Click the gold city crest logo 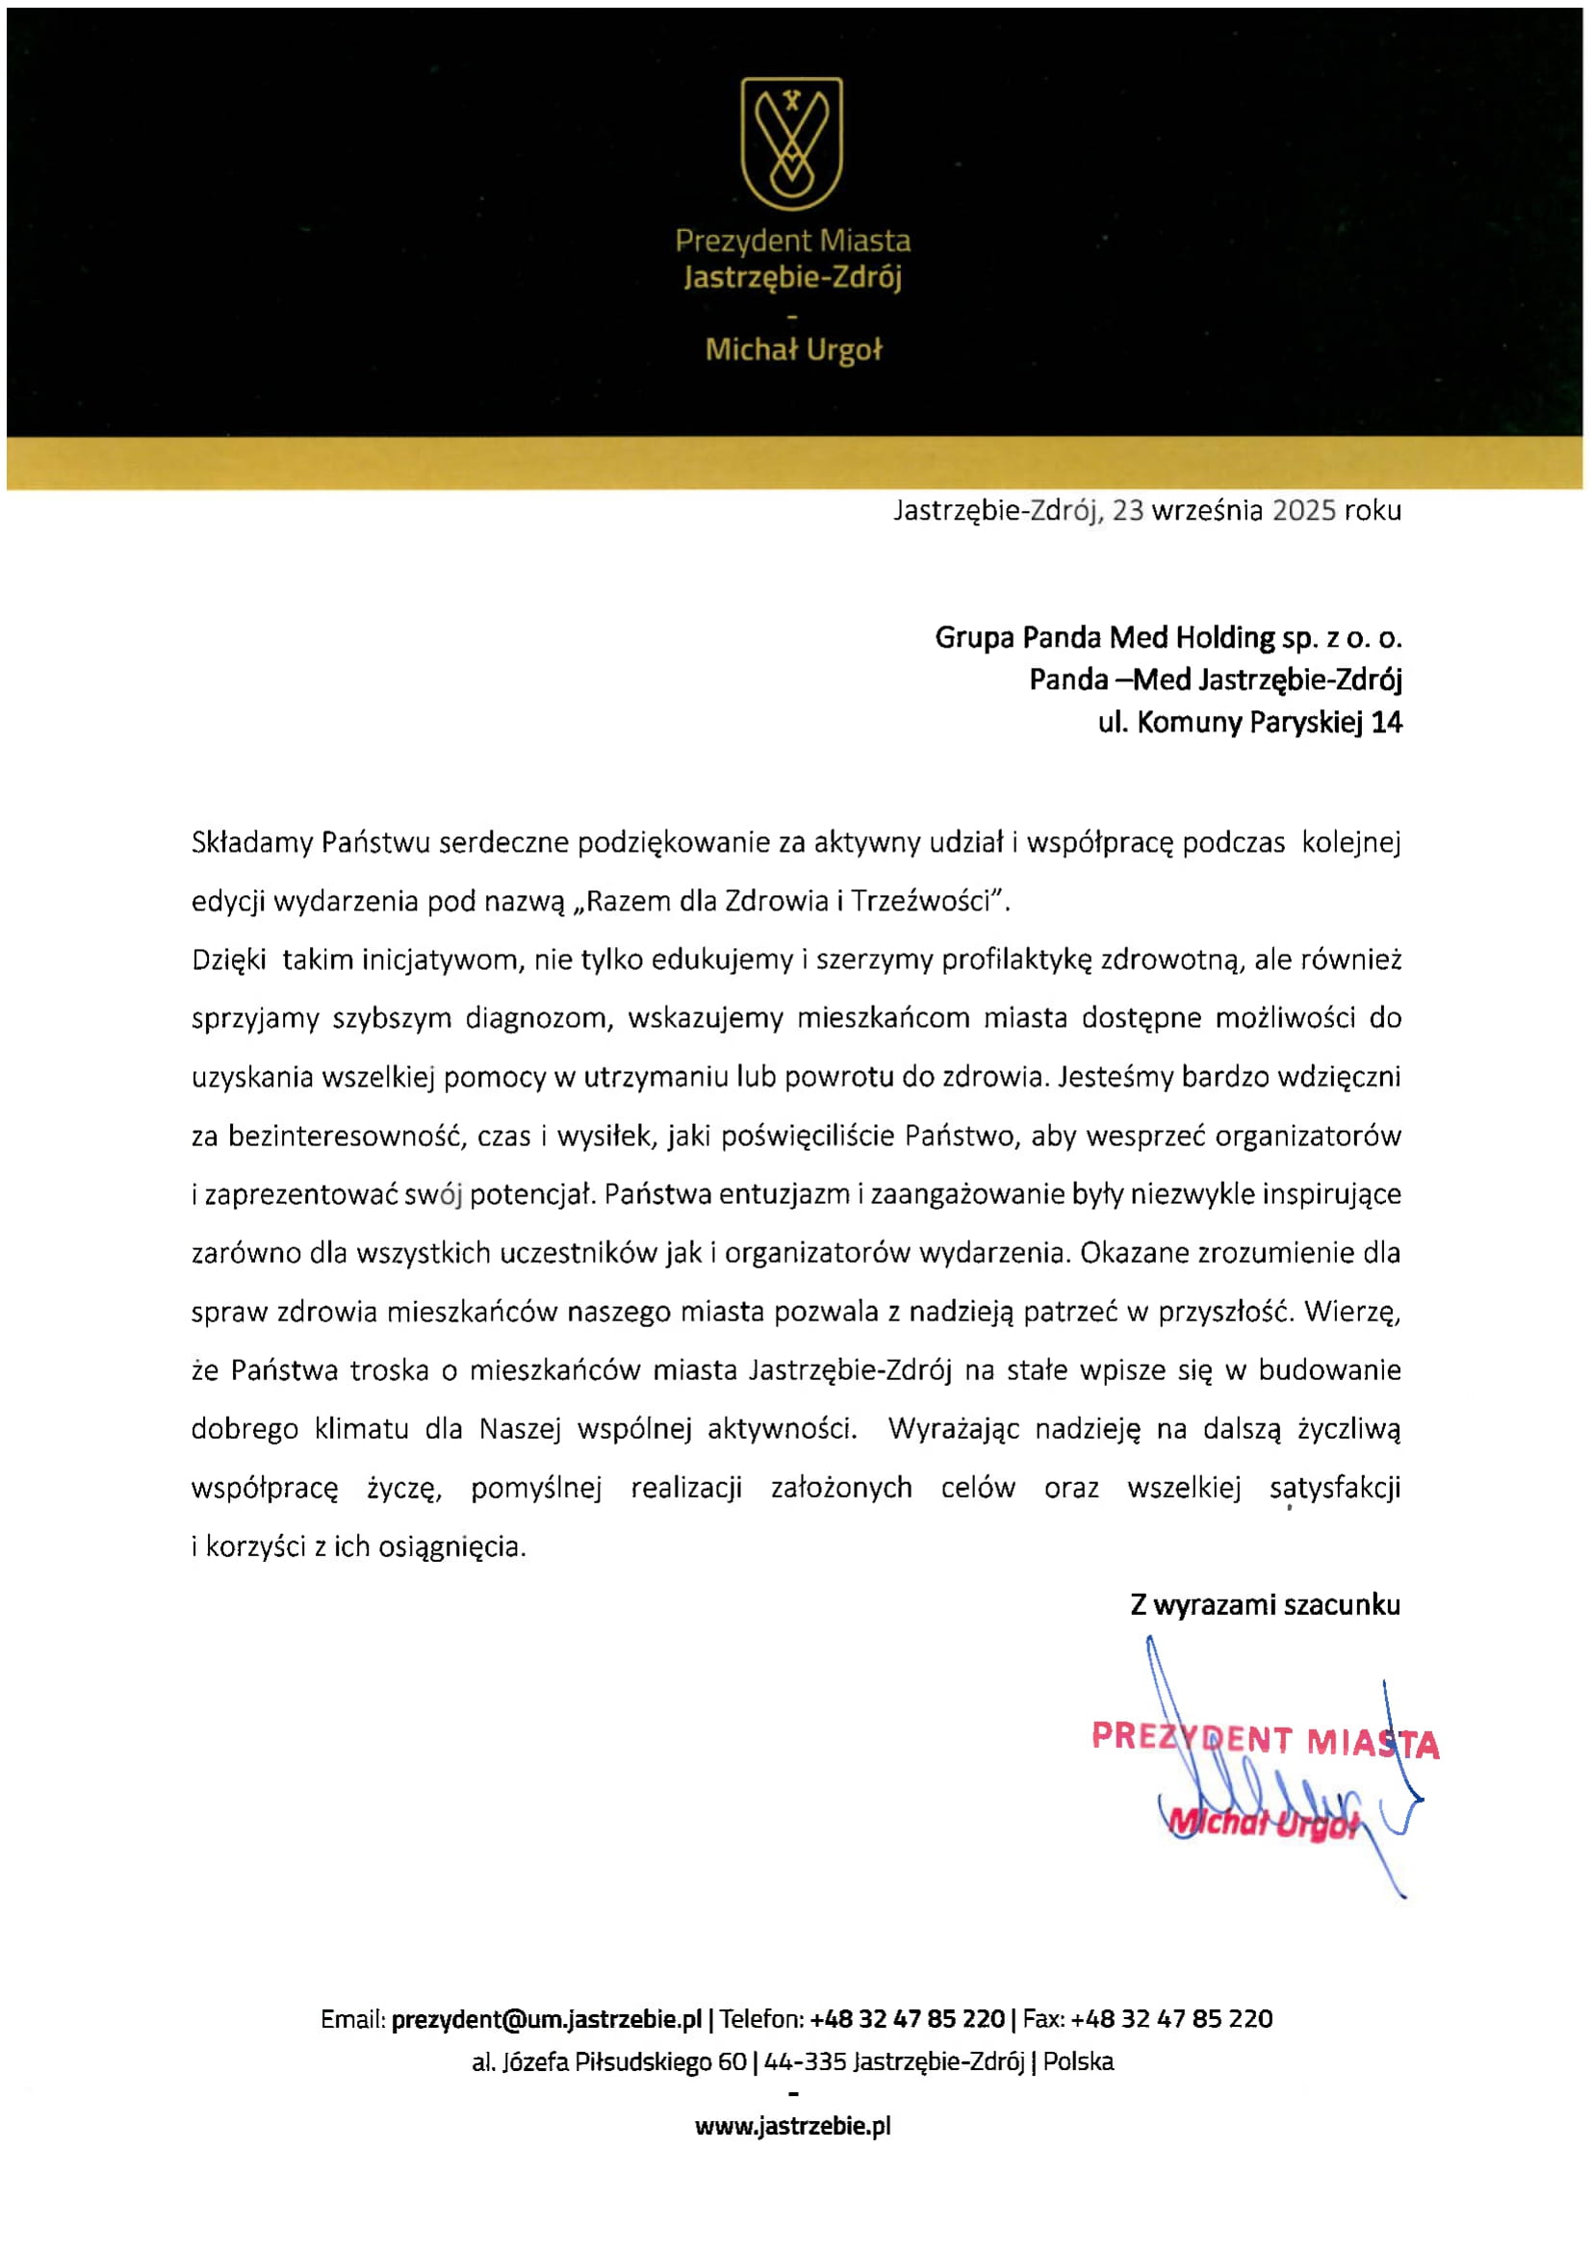(x=791, y=144)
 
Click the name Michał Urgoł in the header (x=793, y=350)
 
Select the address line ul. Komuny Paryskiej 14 (x=1250, y=723)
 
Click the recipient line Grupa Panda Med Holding (x=1168, y=638)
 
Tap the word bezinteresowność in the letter (x=347, y=1137)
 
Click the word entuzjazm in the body (x=784, y=1194)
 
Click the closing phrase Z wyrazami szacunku (x=1265, y=1605)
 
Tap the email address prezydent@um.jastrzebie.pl (x=546, y=2020)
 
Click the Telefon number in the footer (x=907, y=2020)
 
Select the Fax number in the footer (x=1171, y=2020)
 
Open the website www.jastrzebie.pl (x=793, y=2126)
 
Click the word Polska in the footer (x=1078, y=2061)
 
